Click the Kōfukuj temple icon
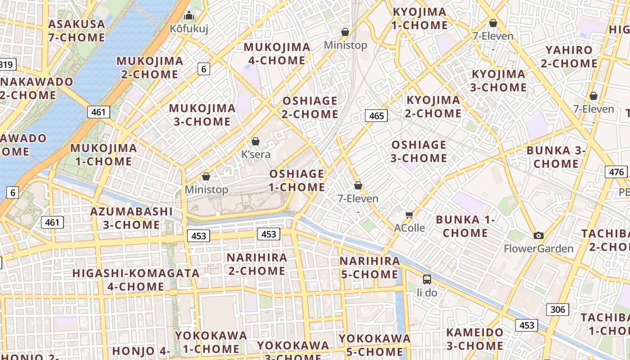[189, 16]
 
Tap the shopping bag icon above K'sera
[256, 141]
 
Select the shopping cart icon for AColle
[409, 215]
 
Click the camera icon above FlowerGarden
[538, 235]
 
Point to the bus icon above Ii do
[427, 279]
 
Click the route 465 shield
[376, 116]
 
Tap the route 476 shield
[616, 172]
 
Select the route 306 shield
[558, 310]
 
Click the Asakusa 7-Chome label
[76, 31]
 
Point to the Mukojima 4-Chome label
[277, 54]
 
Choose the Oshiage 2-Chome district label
[310, 108]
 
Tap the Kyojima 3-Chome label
[498, 81]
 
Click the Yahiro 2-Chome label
[569, 57]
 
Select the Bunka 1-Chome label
[465, 226]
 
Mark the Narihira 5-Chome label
[369, 268]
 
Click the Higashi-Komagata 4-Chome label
[136, 280]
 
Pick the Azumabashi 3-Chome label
[131, 218]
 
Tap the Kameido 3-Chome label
[475, 339]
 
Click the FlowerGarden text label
[538, 249]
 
